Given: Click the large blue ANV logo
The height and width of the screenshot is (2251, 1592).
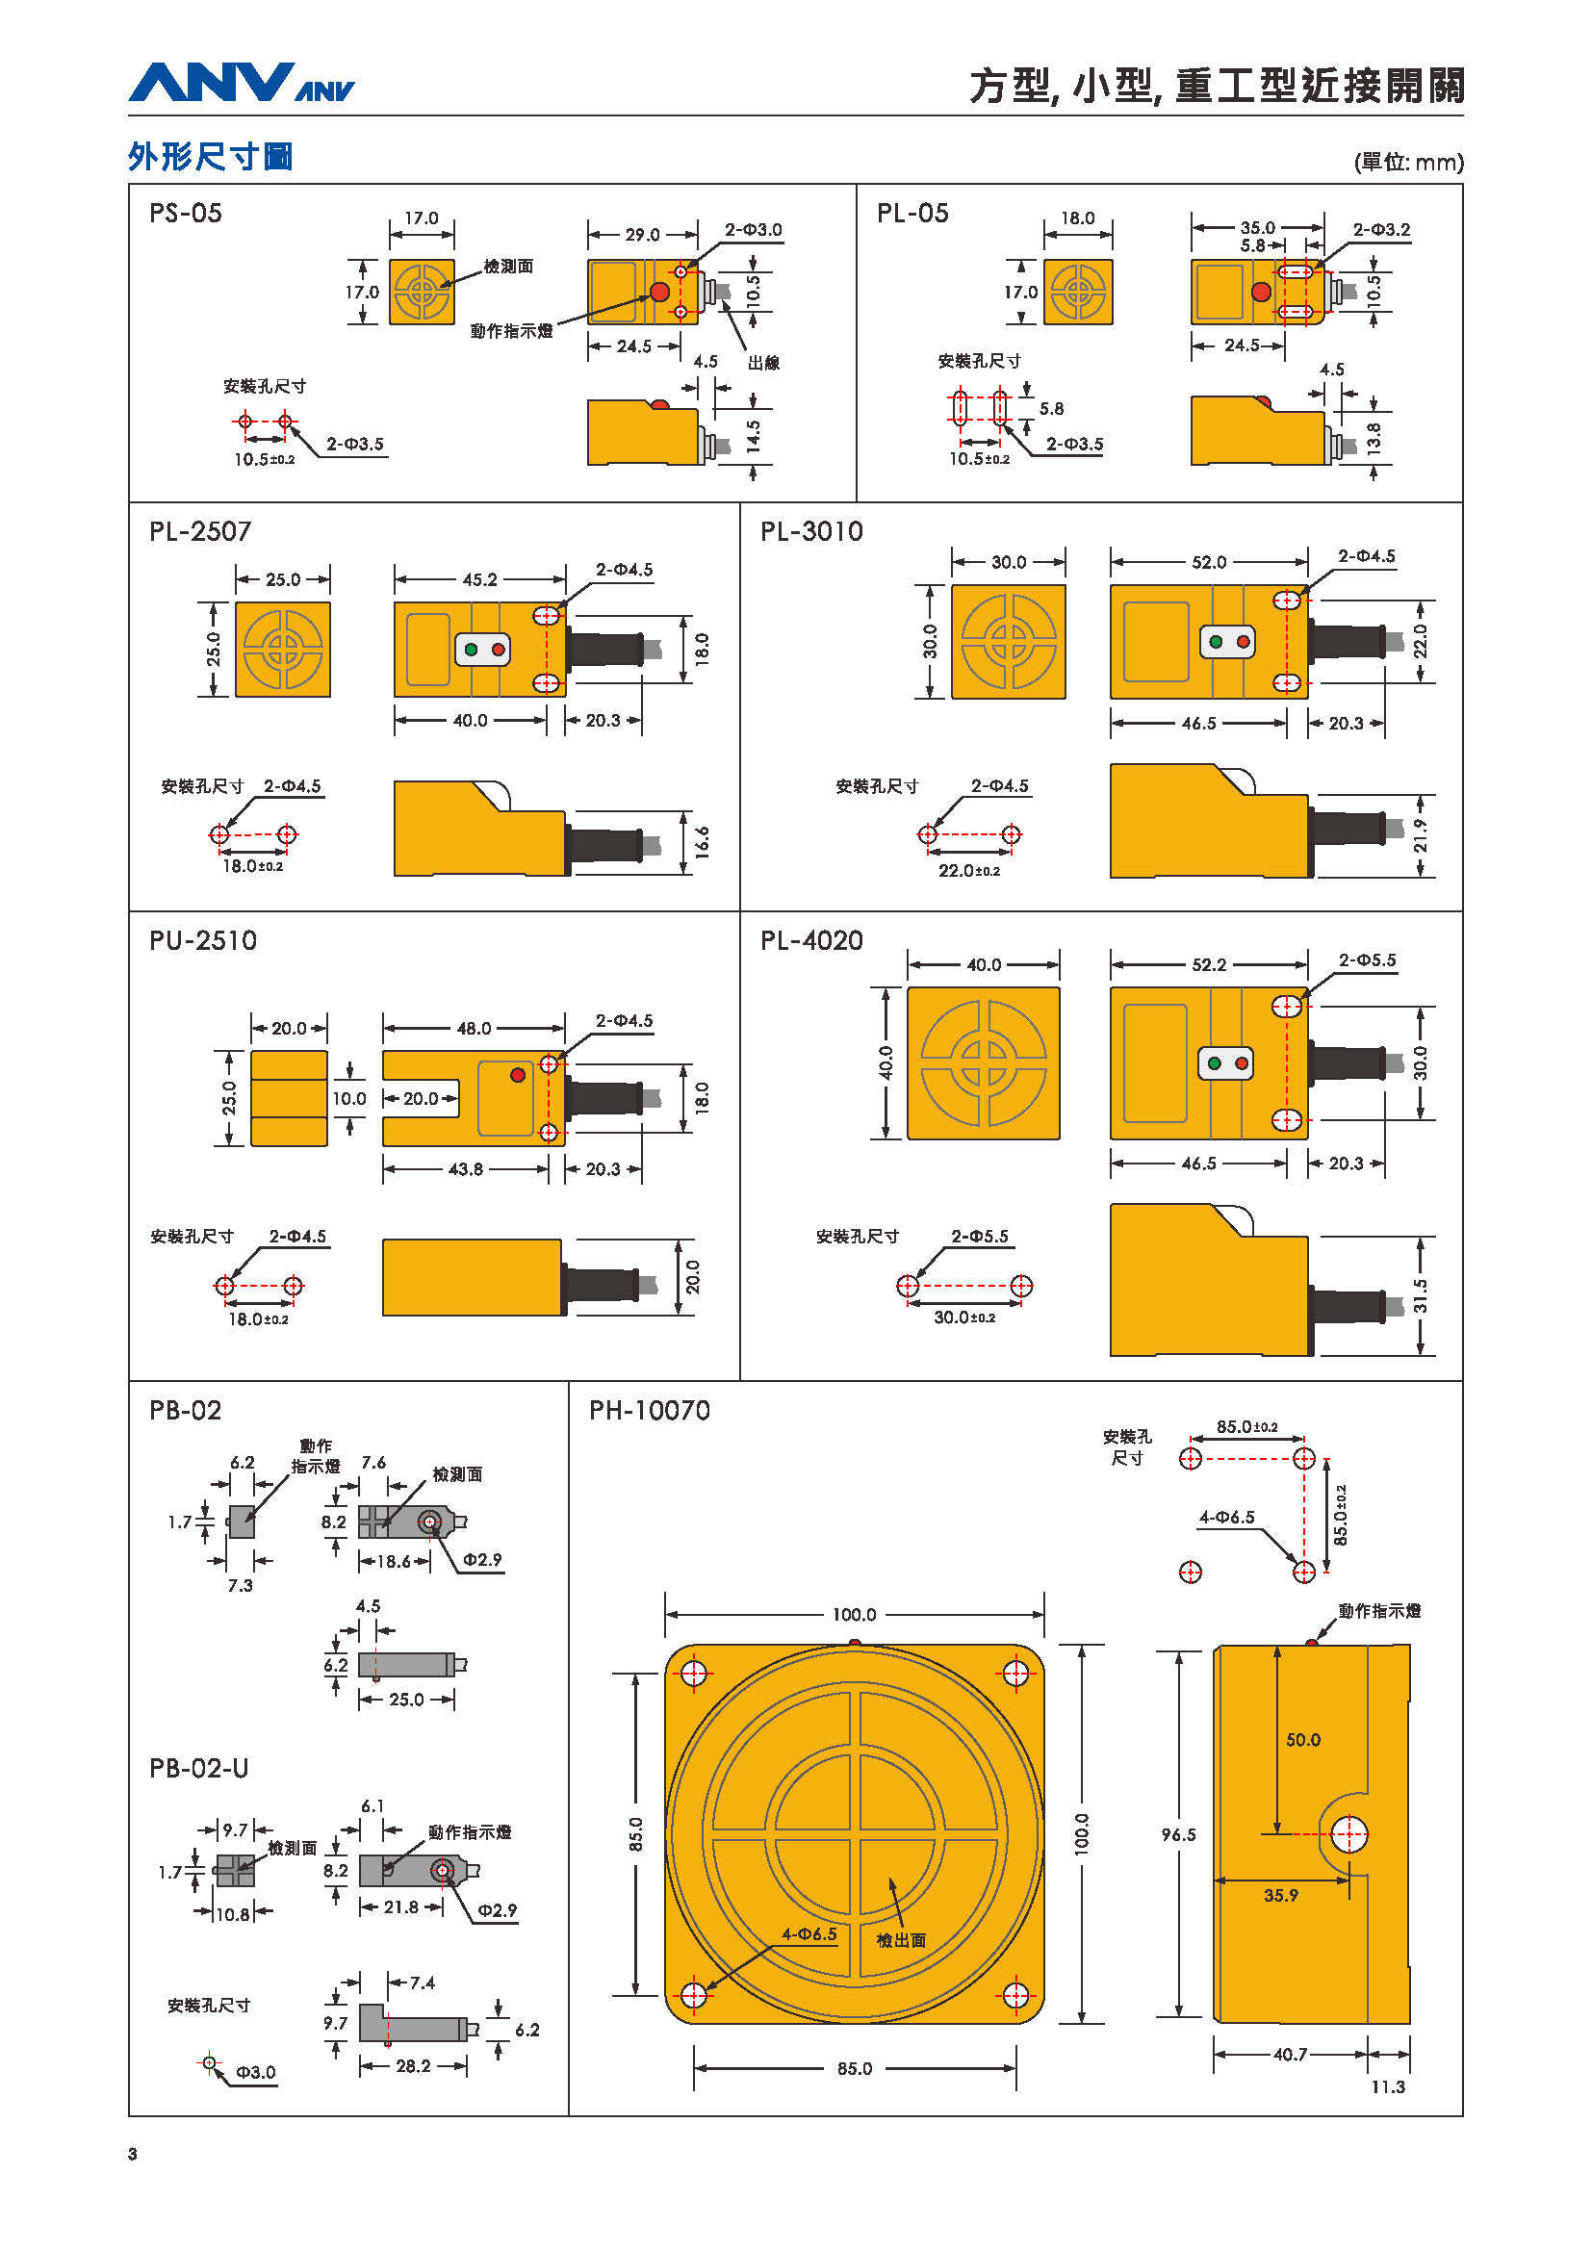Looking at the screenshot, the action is pos(212,83).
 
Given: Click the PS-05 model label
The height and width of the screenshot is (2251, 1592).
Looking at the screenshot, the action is pos(185,213).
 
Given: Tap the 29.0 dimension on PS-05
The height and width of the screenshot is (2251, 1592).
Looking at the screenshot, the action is pos(642,234).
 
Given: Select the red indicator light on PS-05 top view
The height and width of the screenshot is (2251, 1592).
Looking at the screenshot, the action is pos(659,293).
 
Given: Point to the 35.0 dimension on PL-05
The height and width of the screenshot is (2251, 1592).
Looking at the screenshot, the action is pos(1258,226).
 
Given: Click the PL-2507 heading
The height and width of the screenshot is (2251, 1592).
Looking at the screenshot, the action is pos(200,531).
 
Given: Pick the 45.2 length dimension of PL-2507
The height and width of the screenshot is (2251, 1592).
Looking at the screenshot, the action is pos(479,579).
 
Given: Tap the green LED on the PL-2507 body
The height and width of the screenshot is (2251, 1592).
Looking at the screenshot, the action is pos(472,649).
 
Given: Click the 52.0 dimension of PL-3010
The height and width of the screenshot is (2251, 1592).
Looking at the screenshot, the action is pos(1209,562).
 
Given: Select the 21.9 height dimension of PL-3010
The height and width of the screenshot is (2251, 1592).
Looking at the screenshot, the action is pos(1421,835).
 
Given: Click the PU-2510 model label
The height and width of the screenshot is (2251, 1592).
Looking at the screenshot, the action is pos(203,940).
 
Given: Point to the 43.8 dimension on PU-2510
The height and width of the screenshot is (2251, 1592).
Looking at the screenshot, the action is pos(466,1168).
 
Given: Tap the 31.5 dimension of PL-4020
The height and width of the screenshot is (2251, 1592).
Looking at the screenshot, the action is pos(1421,1296).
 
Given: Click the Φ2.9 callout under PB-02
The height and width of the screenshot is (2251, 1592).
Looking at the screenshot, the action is pos(482,1559).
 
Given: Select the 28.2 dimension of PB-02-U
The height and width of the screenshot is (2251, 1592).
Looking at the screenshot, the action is pos(413,2065).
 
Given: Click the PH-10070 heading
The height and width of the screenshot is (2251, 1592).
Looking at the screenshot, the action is pos(650,1410).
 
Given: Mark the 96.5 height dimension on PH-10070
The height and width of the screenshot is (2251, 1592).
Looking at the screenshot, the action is pos(1178,1833).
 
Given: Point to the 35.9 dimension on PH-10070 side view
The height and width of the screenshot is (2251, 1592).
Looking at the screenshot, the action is pos(1281,1895).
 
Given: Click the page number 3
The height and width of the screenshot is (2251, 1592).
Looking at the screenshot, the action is pos(132,2154).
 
